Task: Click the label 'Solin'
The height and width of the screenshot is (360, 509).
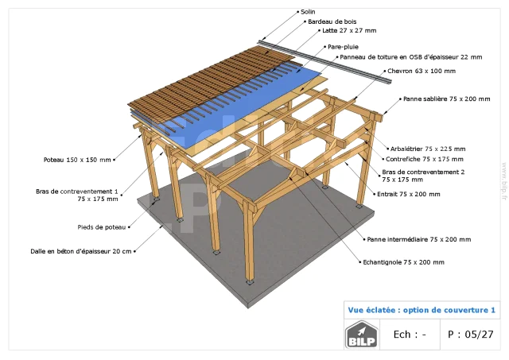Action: coord(308,12)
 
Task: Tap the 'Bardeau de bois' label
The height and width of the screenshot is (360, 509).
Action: coord(332,21)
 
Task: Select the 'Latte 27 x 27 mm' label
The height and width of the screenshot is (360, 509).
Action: coord(349,30)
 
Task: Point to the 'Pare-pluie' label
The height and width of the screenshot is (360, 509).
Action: coord(343,47)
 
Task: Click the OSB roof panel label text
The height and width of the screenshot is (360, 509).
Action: coord(411,57)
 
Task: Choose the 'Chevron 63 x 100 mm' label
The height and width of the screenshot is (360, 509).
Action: coord(422,71)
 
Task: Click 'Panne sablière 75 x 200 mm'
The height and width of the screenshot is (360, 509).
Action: coord(447,99)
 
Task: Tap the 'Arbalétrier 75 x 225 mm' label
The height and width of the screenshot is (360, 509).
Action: coord(428,149)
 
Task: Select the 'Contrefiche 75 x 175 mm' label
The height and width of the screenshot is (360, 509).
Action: coord(425,159)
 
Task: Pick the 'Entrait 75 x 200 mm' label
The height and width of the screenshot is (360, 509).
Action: coord(409,194)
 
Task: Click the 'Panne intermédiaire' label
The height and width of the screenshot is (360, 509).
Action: coord(419,240)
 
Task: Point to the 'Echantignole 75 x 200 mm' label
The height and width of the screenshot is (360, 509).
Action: coord(403,262)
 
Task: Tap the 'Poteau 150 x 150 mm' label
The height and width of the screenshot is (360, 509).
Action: coord(77,160)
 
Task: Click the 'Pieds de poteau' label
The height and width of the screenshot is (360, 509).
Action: coord(102,227)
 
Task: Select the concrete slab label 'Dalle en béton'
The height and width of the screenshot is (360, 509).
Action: coord(81,251)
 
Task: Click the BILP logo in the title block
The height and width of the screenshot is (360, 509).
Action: coord(362,335)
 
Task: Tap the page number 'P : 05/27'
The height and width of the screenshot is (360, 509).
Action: coord(470,335)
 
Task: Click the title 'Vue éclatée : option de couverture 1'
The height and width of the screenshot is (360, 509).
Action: coord(422,310)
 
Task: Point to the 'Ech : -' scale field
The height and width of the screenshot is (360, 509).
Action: coord(410,335)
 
